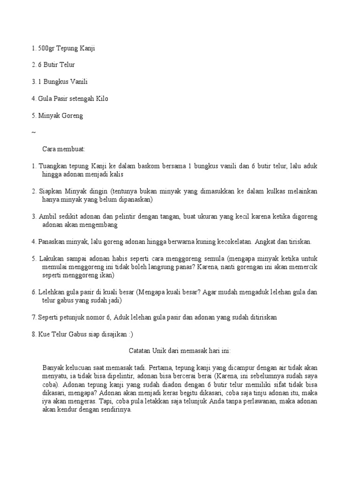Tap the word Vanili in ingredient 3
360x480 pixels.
coord(78,82)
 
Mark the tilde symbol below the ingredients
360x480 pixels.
coord(33,132)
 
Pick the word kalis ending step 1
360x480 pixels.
coord(122,174)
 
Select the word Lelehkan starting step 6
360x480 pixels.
coord(52,292)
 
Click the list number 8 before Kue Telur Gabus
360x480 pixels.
coord(34,334)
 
